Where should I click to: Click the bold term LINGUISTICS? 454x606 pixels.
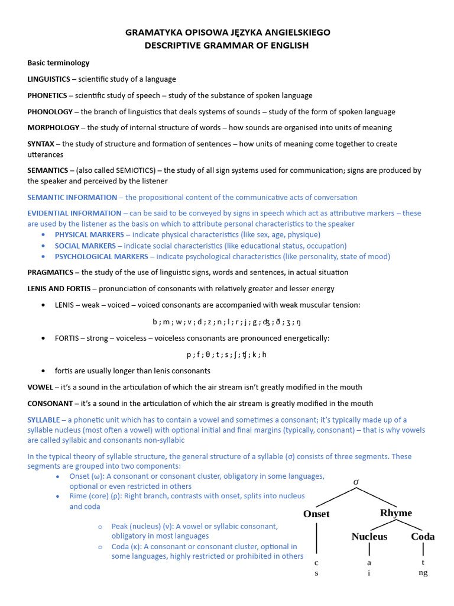(48, 79)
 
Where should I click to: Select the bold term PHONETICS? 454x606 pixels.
(47, 95)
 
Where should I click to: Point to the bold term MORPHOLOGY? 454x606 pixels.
(53, 127)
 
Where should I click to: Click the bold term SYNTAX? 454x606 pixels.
(41, 144)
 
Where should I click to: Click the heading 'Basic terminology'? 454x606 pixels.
(59, 63)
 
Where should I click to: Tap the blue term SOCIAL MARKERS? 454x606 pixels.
(85, 246)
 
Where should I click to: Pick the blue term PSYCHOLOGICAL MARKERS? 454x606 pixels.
(102, 256)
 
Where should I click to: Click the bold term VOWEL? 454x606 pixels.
(40, 387)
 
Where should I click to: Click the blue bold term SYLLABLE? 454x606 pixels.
(44, 420)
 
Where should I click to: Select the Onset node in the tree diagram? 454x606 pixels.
(316, 514)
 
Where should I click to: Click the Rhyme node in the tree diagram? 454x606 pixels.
(396, 512)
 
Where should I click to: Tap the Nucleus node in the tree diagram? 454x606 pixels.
(369, 537)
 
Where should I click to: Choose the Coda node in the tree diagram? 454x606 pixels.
(423, 537)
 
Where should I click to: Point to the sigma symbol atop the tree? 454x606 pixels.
(356, 482)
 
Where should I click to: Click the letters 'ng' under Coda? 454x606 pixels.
(423, 573)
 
